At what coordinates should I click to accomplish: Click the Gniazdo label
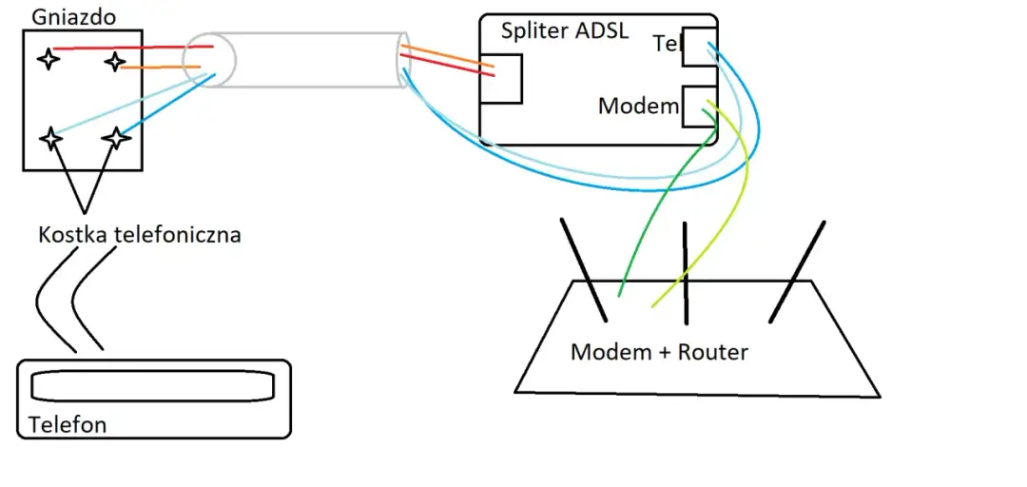pos(62,16)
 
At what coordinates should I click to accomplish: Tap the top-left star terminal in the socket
pos(48,59)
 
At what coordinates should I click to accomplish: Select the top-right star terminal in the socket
pos(115,63)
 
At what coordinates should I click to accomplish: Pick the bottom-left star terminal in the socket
pos(49,138)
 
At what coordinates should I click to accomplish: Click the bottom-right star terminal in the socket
pos(116,138)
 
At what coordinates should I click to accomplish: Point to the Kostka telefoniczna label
pos(140,235)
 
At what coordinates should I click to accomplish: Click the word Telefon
pos(68,424)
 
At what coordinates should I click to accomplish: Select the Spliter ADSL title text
pos(563,29)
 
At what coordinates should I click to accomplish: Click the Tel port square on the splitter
pos(700,47)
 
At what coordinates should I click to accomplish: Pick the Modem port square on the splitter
pos(700,105)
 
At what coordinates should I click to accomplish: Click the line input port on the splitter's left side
pos(502,78)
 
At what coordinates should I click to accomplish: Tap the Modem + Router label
pos(659,352)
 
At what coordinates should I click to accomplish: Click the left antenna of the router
pos(583,269)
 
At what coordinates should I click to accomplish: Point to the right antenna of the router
pos(797,269)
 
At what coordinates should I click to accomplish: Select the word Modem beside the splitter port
pos(637,106)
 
